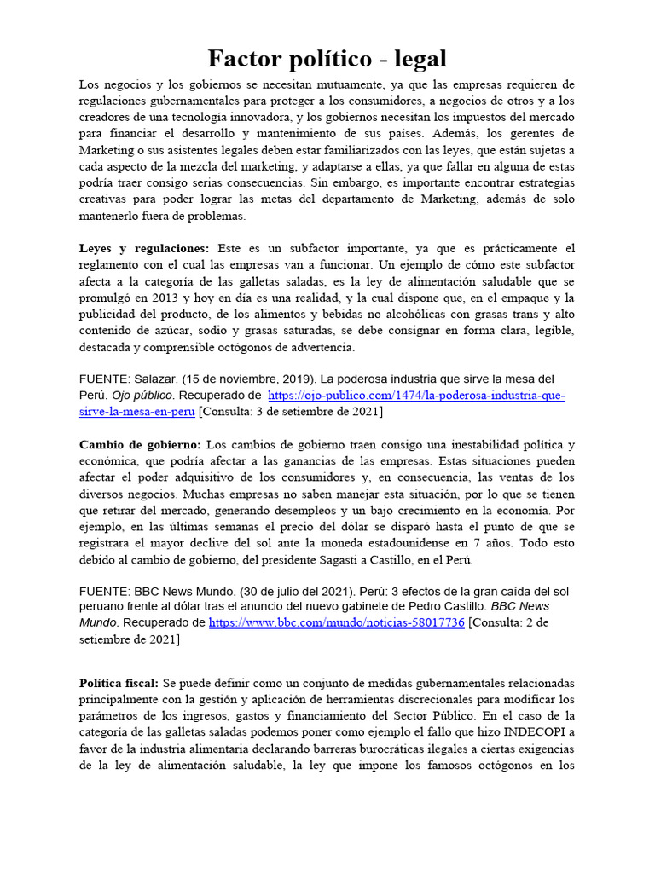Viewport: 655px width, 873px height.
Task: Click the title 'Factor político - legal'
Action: (x=327, y=60)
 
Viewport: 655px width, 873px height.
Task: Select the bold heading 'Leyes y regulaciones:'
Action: (x=143, y=248)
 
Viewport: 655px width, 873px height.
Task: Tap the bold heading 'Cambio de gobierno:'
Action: (x=140, y=445)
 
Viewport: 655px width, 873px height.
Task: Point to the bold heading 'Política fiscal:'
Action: (x=119, y=684)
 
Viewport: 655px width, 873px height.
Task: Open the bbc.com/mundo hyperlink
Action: (x=337, y=623)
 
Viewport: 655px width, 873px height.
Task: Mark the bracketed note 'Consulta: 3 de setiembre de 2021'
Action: (x=290, y=412)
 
